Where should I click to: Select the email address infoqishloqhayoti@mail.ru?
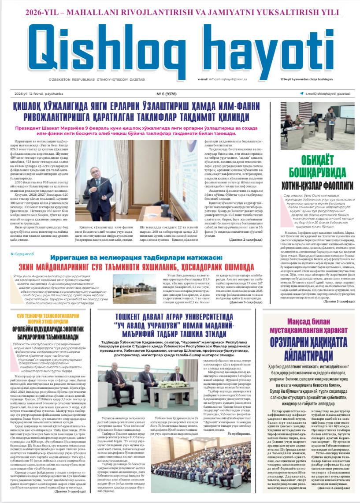point(223,79)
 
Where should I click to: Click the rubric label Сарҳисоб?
point(26,254)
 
